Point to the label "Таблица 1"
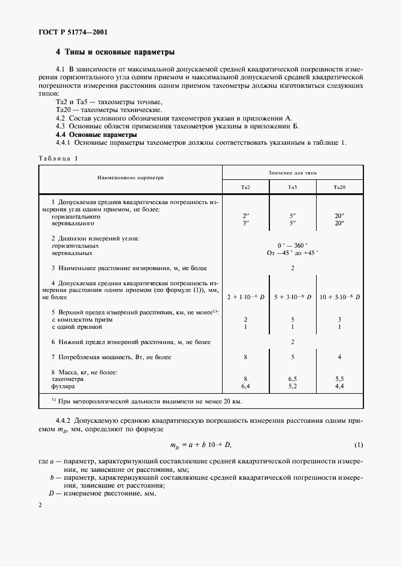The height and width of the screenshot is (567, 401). (59, 157)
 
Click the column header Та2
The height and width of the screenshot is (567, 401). (245, 188)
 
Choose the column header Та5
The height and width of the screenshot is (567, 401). (292, 188)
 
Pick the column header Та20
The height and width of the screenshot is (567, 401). (340, 188)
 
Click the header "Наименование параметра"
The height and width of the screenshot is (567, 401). (130, 179)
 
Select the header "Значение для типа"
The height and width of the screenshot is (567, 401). (292, 172)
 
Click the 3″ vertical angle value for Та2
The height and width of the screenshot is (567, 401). (245, 223)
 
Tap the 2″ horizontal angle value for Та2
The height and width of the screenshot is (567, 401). (245, 216)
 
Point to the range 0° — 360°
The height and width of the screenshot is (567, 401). (292, 245)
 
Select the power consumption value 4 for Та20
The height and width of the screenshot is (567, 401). (340, 357)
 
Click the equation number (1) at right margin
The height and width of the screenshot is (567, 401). (359, 446)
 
